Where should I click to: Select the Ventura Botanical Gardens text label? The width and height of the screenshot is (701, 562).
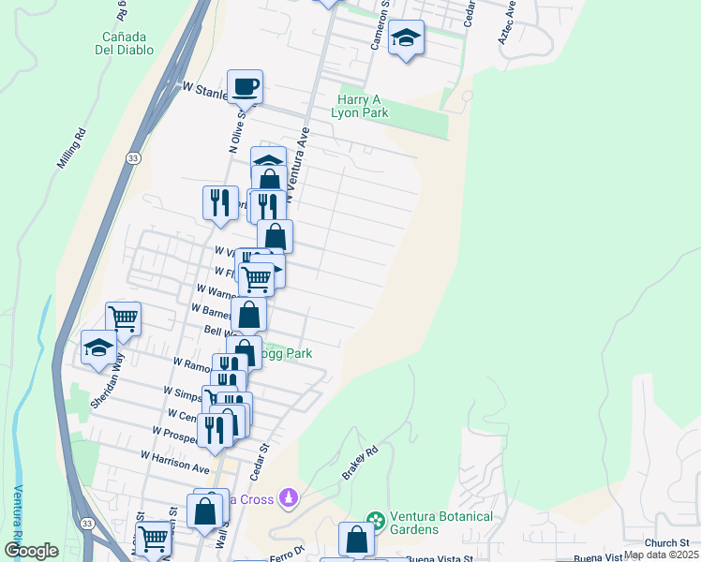[x=414, y=522]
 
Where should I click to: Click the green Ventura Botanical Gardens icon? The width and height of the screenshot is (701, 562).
[x=376, y=519]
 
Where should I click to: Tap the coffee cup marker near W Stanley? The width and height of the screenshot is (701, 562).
[x=246, y=87]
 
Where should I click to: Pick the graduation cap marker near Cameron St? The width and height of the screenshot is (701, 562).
[x=406, y=38]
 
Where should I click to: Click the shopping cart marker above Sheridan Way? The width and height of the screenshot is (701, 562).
[x=123, y=318]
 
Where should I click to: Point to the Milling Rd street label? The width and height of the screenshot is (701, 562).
[x=72, y=148]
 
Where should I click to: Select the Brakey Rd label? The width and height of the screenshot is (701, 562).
[x=359, y=463]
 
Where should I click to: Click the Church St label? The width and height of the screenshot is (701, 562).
[x=666, y=542]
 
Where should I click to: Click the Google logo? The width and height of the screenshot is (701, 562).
[x=32, y=551]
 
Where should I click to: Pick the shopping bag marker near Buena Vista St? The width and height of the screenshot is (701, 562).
[x=356, y=539]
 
